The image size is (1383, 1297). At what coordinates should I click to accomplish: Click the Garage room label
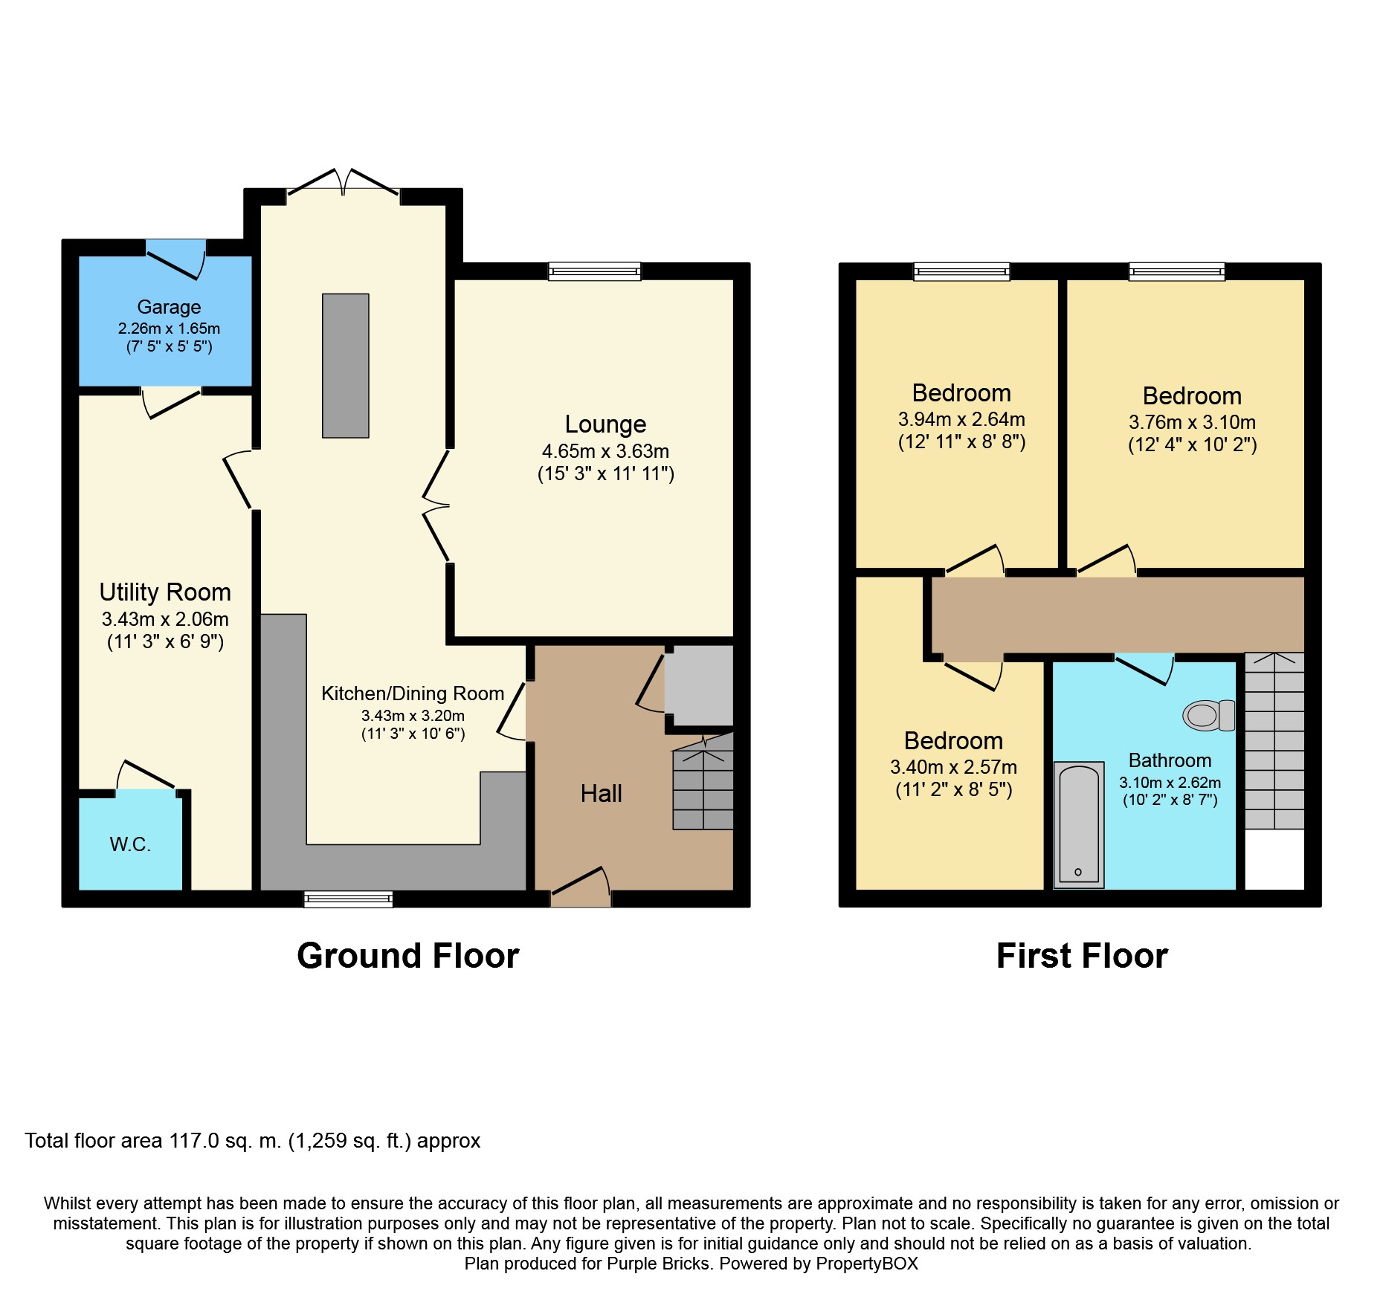[169, 307]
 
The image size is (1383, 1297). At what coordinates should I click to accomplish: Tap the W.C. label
[130, 844]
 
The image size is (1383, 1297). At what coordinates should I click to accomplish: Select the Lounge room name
[605, 424]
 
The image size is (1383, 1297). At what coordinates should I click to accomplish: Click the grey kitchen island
[346, 366]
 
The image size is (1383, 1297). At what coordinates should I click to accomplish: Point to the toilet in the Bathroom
[1209, 715]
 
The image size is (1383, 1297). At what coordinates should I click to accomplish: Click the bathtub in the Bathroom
[1079, 824]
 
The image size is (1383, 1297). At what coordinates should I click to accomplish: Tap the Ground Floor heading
[407, 956]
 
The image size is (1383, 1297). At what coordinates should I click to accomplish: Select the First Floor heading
[1082, 956]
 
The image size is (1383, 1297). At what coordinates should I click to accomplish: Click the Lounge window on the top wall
[595, 271]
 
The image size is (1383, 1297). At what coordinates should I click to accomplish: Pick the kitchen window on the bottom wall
[348, 899]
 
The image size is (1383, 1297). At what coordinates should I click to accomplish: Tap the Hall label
[602, 794]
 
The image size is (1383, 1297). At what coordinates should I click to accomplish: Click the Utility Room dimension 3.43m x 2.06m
[165, 619]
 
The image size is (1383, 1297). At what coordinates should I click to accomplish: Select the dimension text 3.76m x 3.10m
[1192, 422]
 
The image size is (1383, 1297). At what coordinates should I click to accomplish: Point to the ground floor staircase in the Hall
[703, 780]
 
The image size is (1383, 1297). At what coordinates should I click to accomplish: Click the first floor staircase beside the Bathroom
[1274, 741]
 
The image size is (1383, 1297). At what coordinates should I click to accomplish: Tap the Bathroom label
[1170, 760]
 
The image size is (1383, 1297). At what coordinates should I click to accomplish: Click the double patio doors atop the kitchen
[344, 184]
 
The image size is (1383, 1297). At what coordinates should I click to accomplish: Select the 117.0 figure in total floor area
[194, 1140]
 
